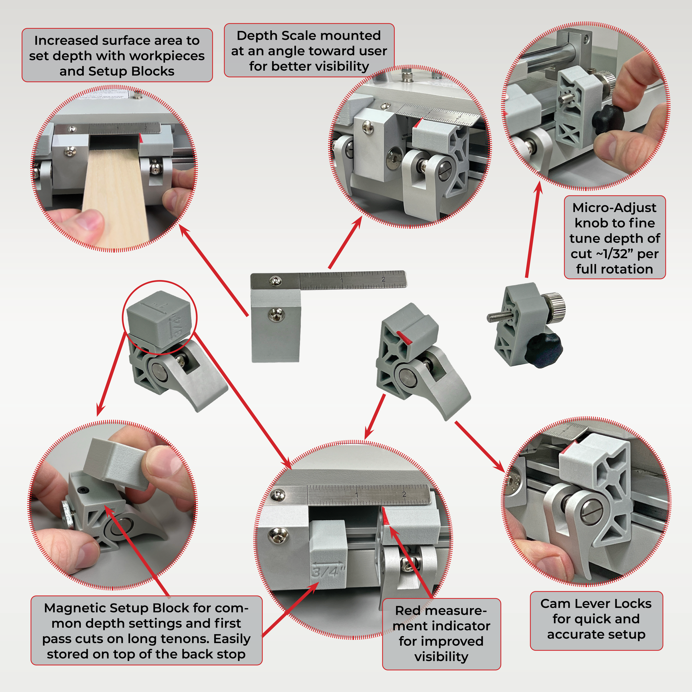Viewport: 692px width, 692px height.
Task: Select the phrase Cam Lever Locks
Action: point(596,603)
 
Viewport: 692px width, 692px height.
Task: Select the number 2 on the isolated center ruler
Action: point(384,279)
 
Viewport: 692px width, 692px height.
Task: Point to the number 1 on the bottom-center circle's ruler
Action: point(357,495)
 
